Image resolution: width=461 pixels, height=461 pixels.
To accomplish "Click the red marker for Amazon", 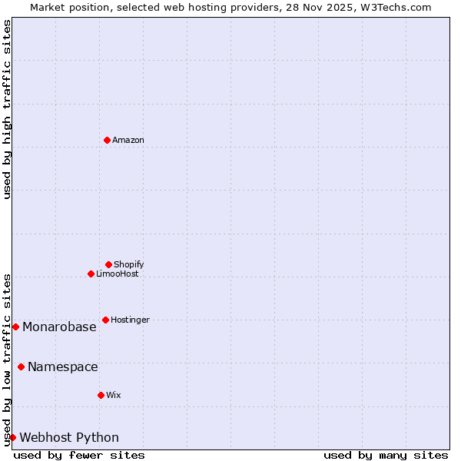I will point(107,140).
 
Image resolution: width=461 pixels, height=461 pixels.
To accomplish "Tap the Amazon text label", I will point(128,140).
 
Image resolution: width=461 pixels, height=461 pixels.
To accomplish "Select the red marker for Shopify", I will point(108,264).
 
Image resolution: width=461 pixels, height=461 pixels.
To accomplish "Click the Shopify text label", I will point(129,264).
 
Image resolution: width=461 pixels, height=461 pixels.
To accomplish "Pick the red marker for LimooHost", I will point(91,274).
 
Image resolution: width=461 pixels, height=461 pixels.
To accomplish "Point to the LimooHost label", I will point(118,274).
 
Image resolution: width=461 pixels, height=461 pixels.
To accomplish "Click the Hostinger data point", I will point(105,320).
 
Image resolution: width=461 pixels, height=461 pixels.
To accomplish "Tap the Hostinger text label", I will point(131,320).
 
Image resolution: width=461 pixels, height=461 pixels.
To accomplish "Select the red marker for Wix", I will point(101,395).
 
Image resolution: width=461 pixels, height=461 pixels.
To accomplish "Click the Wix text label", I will point(114,395).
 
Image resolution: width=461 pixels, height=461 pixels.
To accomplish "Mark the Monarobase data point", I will point(15,327).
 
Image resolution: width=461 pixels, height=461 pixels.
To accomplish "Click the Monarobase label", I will point(59,327).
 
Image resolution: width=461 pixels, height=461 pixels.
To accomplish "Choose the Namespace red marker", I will point(21,366).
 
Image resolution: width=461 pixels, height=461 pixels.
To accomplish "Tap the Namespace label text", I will point(63,366).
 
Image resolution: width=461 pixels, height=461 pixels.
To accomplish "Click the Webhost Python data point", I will point(12,437).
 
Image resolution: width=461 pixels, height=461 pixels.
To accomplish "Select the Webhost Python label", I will point(69,437).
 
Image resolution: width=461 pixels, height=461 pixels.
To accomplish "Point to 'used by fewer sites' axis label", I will point(79,455).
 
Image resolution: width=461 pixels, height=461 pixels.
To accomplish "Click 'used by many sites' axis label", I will point(386,455).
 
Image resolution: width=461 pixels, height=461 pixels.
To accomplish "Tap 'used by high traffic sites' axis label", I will point(7,109).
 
